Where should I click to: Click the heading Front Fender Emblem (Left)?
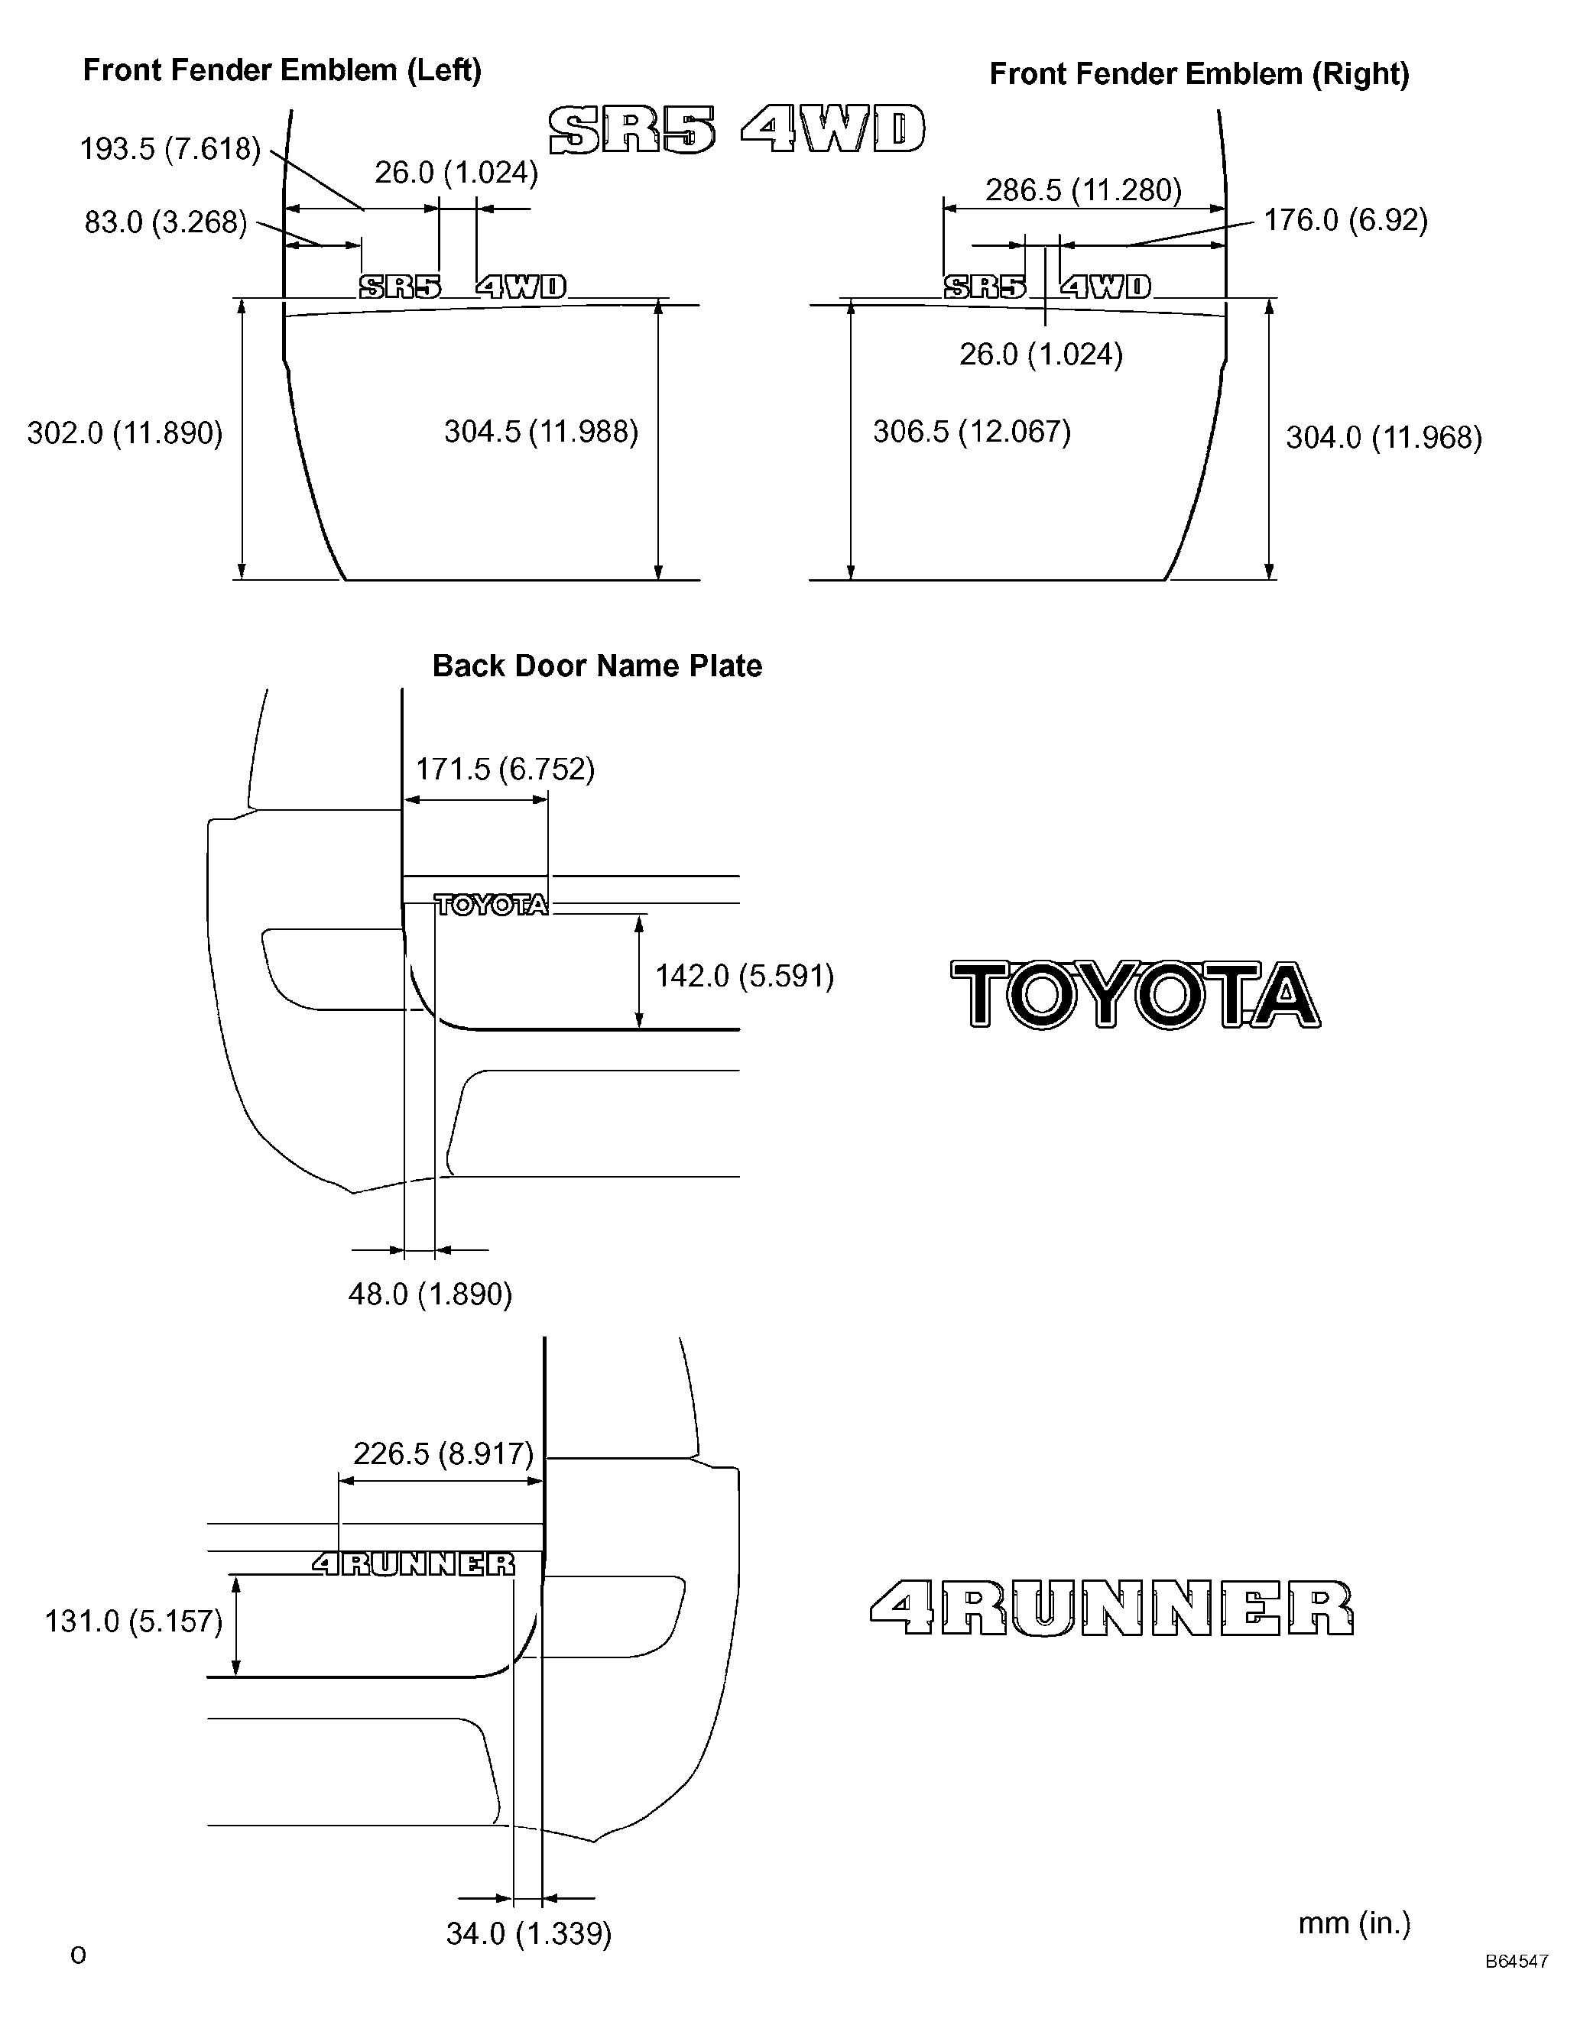tap(282, 70)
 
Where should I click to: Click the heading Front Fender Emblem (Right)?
tap(1199, 74)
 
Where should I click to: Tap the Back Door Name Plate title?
tap(598, 666)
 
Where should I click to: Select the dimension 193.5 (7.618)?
tap(170, 148)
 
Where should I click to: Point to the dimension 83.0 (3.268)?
tap(166, 222)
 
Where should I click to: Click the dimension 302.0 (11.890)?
tap(125, 433)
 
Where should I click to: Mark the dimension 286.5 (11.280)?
tap(1083, 190)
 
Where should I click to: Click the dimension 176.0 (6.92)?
tap(1346, 220)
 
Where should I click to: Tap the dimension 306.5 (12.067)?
tap(972, 432)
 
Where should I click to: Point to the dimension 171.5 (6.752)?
tap(505, 769)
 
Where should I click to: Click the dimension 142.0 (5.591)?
tap(745, 977)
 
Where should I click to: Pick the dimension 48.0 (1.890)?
tap(430, 1294)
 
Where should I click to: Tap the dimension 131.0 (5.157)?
tap(135, 1622)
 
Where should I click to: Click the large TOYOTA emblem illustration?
tap(1135, 995)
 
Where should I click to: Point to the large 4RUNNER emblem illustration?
tap(1111, 1608)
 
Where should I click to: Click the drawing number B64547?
tap(1517, 1988)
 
